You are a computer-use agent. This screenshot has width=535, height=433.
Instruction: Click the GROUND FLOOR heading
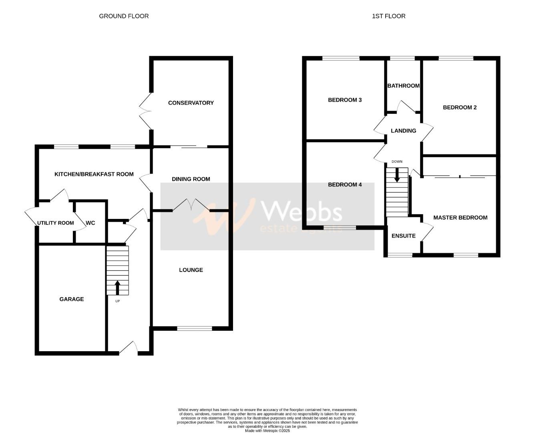[124, 16]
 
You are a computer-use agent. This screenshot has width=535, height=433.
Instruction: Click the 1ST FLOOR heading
[388, 16]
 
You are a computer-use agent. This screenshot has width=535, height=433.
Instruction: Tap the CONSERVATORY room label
[191, 103]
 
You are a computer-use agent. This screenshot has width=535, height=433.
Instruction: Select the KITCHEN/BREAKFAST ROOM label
[94, 174]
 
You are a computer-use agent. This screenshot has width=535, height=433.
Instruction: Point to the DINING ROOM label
[191, 179]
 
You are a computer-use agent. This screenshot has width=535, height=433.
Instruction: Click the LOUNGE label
[191, 270]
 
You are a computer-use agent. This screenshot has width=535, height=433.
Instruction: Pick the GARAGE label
[72, 299]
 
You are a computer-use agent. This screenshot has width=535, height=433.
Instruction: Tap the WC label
[91, 223]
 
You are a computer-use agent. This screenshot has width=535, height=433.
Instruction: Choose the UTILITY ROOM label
[55, 223]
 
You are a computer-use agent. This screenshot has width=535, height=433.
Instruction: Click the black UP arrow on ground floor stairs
[117, 287]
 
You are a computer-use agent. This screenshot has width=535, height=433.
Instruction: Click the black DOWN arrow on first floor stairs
[397, 175]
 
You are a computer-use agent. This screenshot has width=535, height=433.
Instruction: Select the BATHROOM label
[403, 86]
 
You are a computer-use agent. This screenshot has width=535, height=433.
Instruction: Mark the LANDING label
[403, 131]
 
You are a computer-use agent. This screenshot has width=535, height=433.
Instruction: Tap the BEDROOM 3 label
[345, 100]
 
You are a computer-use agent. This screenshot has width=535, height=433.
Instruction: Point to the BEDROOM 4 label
[345, 185]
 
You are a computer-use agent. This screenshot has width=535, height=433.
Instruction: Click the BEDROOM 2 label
[460, 107]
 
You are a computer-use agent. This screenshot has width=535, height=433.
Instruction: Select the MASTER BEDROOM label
[460, 218]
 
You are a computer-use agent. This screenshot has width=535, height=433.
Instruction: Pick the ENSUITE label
[403, 236]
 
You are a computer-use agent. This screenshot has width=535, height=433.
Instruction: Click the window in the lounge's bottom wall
[195, 328]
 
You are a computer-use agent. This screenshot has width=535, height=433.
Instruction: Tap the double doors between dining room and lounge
[191, 205]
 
